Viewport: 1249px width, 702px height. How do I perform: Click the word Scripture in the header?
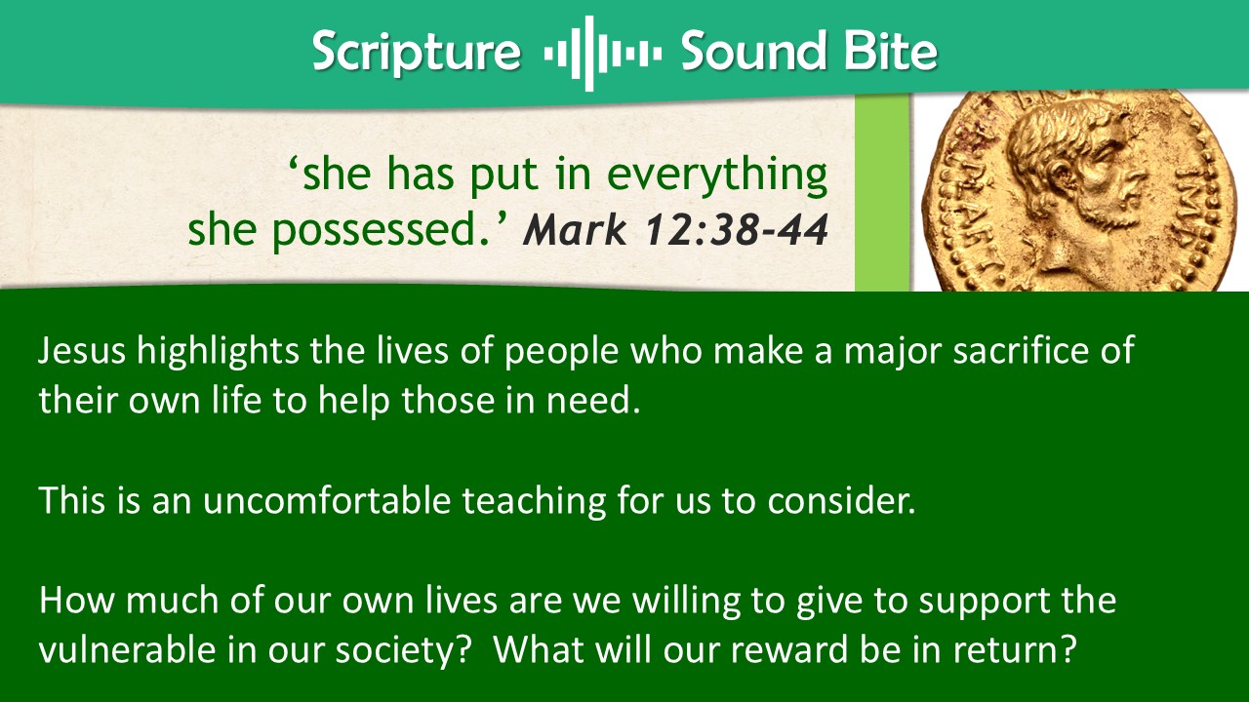click(417, 53)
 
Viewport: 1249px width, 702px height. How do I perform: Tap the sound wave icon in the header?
click(602, 54)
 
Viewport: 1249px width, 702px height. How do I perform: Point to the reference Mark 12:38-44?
click(675, 229)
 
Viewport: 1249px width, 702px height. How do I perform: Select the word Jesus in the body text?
click(82, 350)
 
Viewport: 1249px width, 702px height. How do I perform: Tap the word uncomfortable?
click(326, 500)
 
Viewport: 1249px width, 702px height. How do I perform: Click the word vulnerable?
click(127, 649)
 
